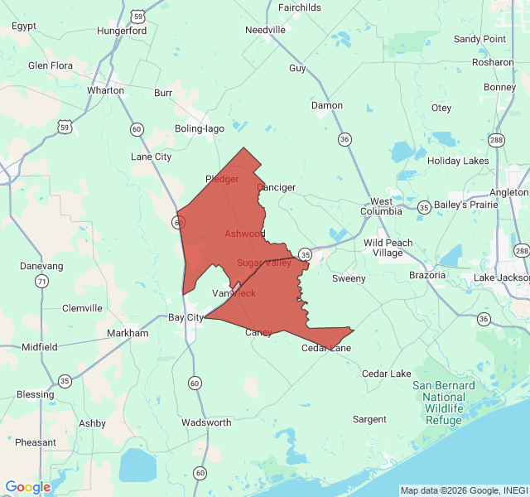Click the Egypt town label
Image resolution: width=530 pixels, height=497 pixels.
pyautogui.click(x=24, y=26)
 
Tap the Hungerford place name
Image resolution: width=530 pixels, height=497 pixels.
pyautogui.click(x=122, y=31)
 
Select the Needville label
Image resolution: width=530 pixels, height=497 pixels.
pyautogui.click(x=265, y=30)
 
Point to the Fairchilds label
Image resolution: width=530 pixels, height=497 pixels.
pyautogui.click(x=300, y=7)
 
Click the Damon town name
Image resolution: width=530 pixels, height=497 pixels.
pyautogui.click(x=326, y=105)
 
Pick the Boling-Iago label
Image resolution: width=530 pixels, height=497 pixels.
pyautogui.click(x=200, y=128)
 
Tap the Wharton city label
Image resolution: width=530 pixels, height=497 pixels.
pyautogui.click(x=105, y=90)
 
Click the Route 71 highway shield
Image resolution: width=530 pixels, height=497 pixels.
pyautogui.click(x=41, y=282)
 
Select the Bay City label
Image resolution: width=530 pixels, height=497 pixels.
pyautogui.click(x=186, y=317)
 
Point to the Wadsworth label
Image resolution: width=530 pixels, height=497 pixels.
pyautogui.click(x=206, y=422)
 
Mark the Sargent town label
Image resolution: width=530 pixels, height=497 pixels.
pyautogui.click(x=369, y=419)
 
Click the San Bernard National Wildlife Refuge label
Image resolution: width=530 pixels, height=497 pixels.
pyautogui.click(x=444, y=403)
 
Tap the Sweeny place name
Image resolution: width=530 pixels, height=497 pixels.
pyautogui.click(x=349, y=278)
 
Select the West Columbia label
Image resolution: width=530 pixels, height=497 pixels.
pyautogui.click(x=381, y=206)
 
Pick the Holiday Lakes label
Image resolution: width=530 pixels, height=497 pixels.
pyautogui.click(x=458, y=161)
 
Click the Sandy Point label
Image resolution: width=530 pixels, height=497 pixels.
pyautogui.click(x=479, y=39)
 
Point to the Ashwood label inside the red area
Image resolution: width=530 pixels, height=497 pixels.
pyautogui.click(x=244, y=234)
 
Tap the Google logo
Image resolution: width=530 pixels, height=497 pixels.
pyautogui.click(x=27, y=487)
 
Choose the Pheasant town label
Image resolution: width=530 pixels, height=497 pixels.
pyautogui.click(x=36, y=442)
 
